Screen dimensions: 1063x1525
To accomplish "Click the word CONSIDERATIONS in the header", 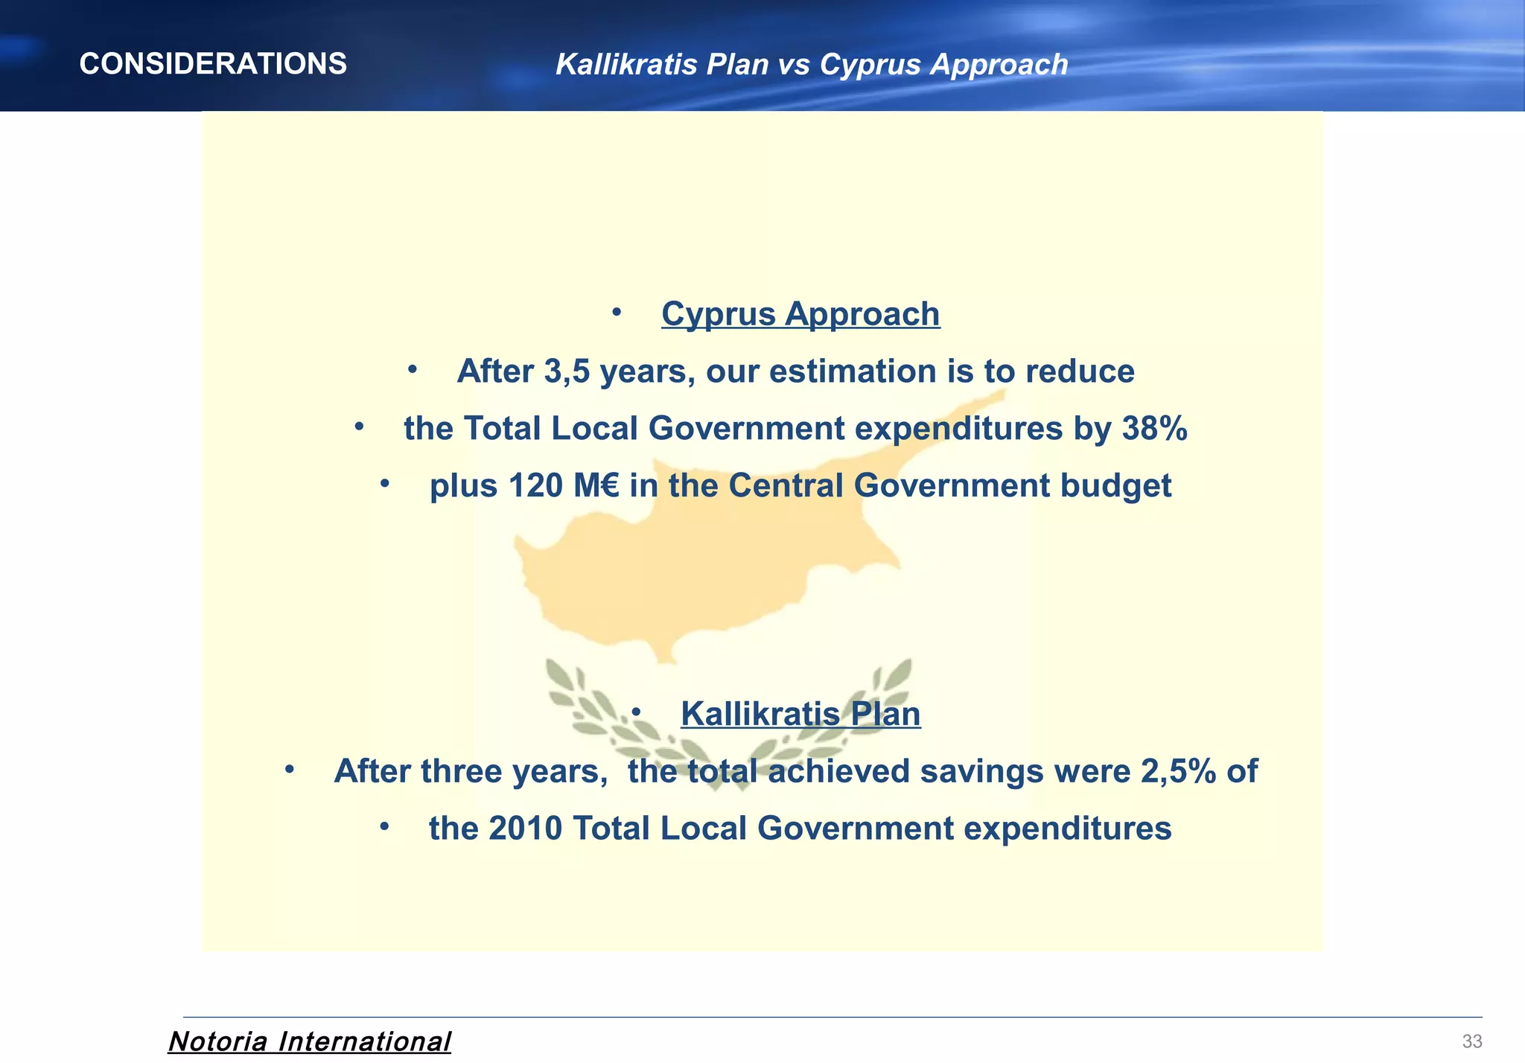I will [x=213, y=64].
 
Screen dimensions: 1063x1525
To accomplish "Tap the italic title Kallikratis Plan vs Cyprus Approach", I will [x=812, y=65].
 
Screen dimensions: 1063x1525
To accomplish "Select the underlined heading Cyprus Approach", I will [x=800, y=314].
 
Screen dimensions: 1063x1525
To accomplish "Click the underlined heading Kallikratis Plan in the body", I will [x=800, y=714].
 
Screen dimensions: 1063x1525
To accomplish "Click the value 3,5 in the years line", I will [x=567, y=371].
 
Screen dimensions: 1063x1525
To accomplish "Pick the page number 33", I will [x=1471, y=1041].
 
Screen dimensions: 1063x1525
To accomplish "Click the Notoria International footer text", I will [x=310, y=1041].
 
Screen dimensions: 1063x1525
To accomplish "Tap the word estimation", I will [x=822, y=371].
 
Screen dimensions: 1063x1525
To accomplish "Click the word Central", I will [x=786, y=486].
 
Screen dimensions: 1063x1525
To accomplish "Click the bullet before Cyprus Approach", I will [x=617, y=313].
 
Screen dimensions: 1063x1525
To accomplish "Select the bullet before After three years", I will [x=290, y=770].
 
